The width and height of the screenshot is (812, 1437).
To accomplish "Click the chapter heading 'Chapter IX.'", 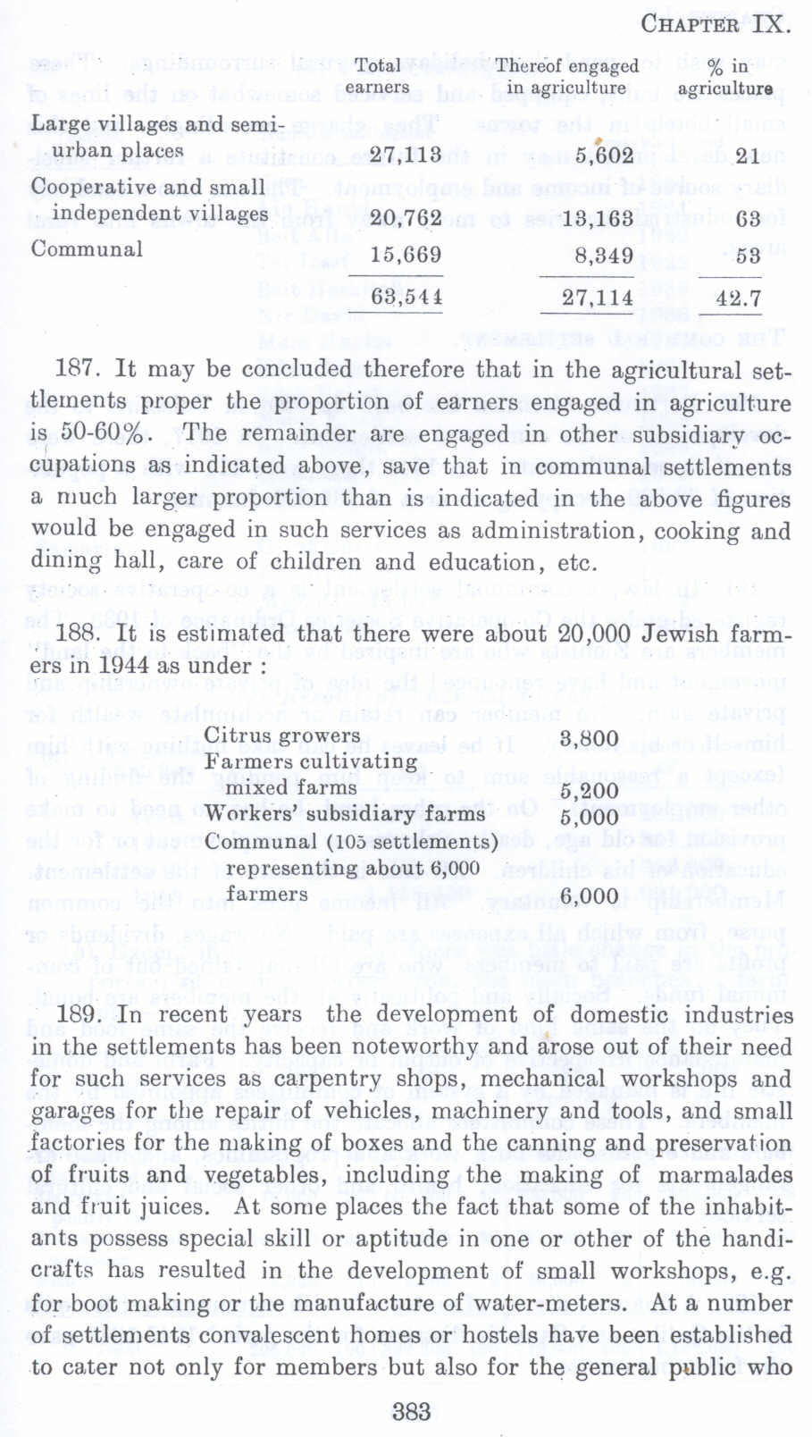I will point(715,23).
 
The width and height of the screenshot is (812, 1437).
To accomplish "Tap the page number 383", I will point(412,1411).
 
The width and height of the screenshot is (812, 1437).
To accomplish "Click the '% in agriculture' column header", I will point(725,76).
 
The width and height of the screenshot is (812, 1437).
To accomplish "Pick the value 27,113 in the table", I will point(406,155).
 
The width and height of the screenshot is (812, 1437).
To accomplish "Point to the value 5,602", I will point(604,155).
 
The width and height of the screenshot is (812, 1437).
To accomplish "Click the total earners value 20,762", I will point(406,218).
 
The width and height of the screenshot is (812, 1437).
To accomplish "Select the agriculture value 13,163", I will point(598,218).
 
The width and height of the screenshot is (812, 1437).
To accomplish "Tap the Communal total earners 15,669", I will point(406,255).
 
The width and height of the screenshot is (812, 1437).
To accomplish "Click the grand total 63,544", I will point(406,296).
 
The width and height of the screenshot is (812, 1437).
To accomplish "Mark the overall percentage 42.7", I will point(738,298).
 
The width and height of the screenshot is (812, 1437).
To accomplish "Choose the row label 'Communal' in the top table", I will point(87,248).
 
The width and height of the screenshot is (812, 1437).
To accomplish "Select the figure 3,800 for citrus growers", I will point(589,738).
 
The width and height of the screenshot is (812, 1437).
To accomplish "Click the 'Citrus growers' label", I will point(281,736).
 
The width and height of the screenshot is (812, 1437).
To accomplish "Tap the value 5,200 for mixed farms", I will point(589,791).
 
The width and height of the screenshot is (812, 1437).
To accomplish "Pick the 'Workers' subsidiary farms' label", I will point(344,814).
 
